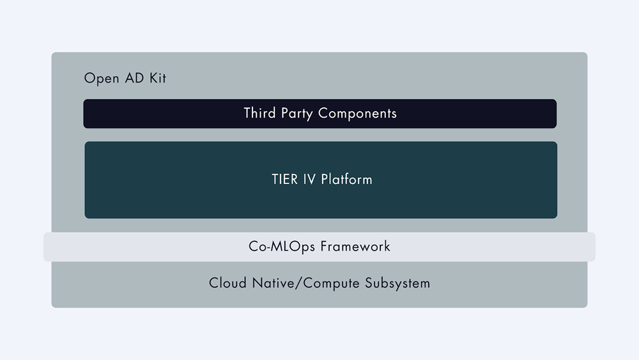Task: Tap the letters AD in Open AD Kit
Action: tap(134, 78)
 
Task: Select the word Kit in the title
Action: tap(158, 78)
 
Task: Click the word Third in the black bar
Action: tap(259, 113)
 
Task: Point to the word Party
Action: tap(296, 114)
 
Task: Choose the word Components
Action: tap(357, 114)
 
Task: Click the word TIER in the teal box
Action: tap(285, 180)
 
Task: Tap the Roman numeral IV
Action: tap(309, 180)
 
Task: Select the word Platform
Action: tap(347, 180)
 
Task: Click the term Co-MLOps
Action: tap(282, 247)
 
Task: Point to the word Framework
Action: tap(355, 246)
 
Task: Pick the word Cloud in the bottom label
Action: tap(228, 283)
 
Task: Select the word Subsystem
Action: tap(397, 283)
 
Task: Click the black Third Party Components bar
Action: tap(320, 114)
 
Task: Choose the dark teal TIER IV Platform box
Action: tap(321, 180)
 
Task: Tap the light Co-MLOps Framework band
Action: tap(319, 247)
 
